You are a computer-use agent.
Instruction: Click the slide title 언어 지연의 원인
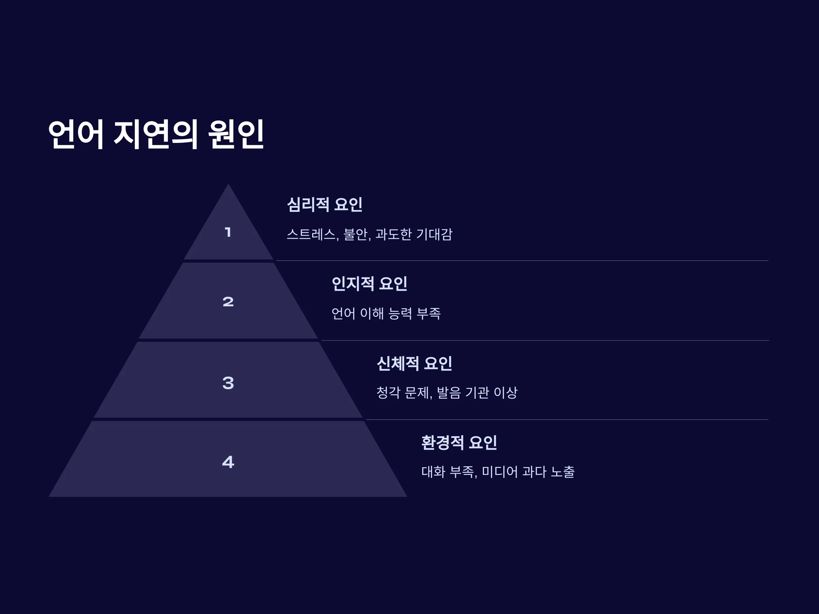pos(156,134)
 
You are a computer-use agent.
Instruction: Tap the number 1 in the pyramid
pos(228,232)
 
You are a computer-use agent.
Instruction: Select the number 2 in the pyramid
pos(228,302)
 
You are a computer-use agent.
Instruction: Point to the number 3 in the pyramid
pos(228,383)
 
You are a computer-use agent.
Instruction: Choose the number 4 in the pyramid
pos(228,462)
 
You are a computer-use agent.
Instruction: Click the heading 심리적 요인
pos(325,204)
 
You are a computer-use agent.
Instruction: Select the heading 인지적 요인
pos(370,284)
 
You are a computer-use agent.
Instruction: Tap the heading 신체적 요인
pos(414,363)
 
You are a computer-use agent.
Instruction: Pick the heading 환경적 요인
pos(459,443)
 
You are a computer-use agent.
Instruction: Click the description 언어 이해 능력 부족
pos(386,313)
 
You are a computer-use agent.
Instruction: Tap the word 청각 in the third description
pos(388,393)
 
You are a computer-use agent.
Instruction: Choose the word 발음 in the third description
pos(449,393)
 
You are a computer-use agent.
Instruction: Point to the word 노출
pos(563,472)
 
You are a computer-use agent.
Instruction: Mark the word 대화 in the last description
pos(433,472)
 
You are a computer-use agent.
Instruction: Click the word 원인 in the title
pos(236,134)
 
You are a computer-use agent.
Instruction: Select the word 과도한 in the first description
pos(393,234)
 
